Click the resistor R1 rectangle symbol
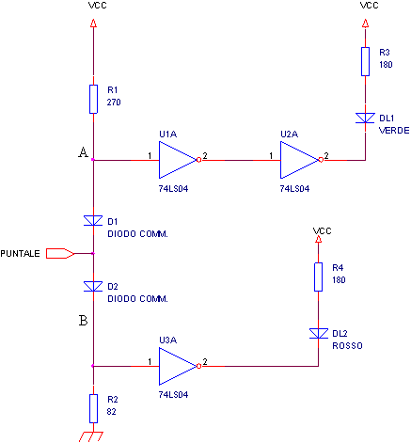coord(93,99)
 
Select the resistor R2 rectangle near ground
coord(93,408)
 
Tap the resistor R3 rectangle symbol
coord(365,61)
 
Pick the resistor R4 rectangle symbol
coord(318,277)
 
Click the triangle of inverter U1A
coord(178,160)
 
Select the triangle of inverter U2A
coord(299,160)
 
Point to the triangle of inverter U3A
coord(178,366)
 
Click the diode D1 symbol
coord(93,220)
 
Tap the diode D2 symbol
coord(93,286)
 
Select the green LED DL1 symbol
coord(365,119)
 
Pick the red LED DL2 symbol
coord(319,334)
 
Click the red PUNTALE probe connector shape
coord(60,253)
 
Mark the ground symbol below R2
coord(91,436)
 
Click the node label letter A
coord(83,152)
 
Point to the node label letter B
coord(83,321)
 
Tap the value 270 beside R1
coord(114,103)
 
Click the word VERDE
coord(394,131)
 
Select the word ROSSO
coord(347,346)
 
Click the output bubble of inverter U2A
coord(321,160)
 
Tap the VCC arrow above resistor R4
coord(318,240)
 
